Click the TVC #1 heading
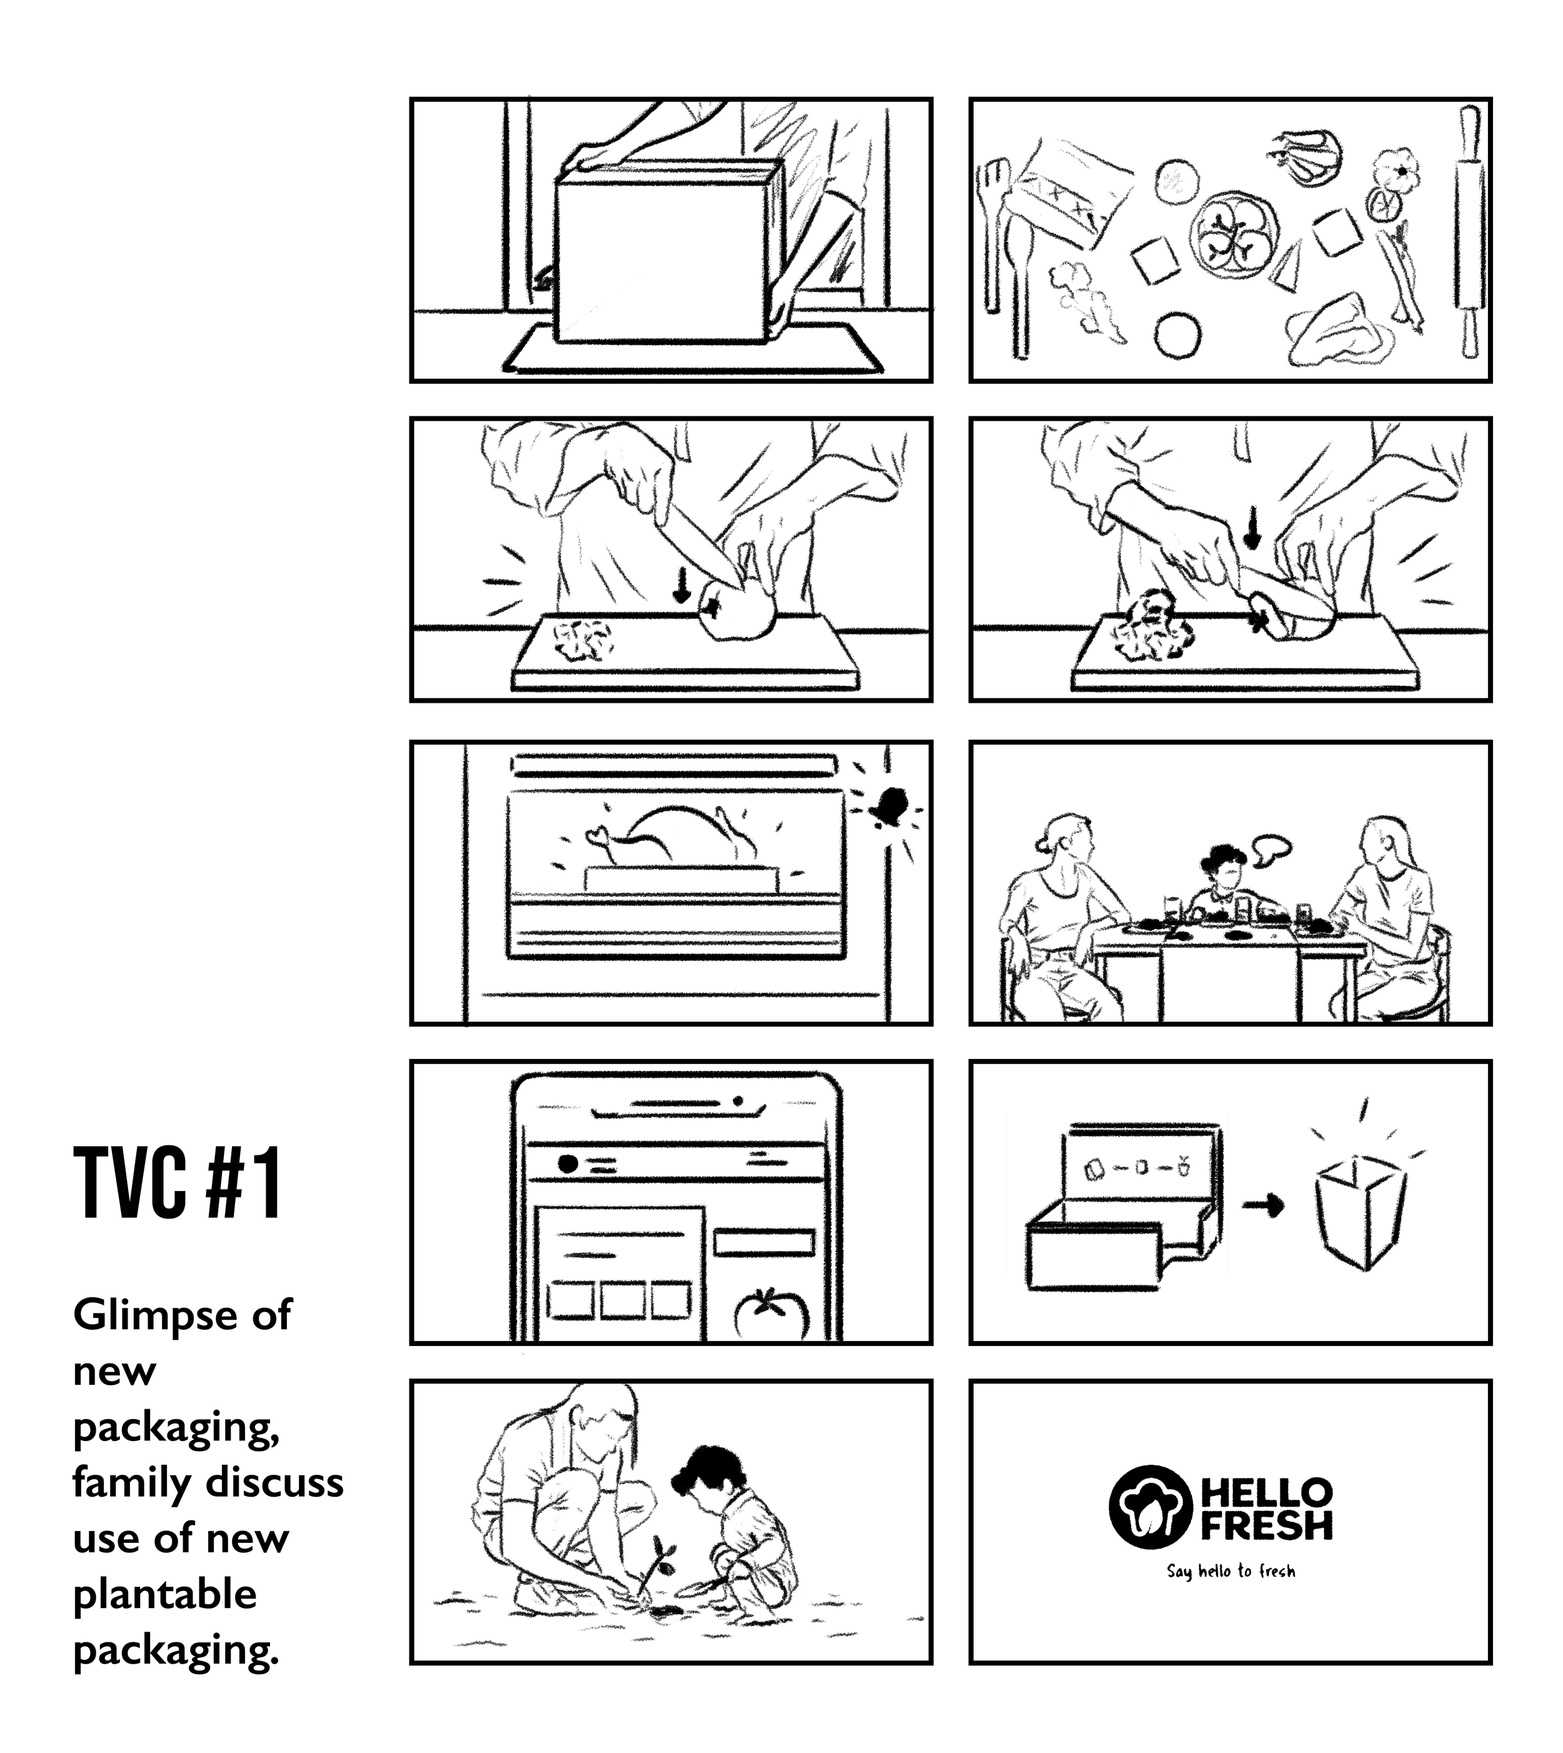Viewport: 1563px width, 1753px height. tap(178, 1183)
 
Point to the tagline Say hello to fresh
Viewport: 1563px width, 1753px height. tap(1230, 1571)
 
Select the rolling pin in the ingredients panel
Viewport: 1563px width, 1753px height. tap(1469, 232)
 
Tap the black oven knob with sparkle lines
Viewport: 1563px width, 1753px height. tap(889, 805)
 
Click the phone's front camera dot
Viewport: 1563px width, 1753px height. tap(737, 1100)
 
